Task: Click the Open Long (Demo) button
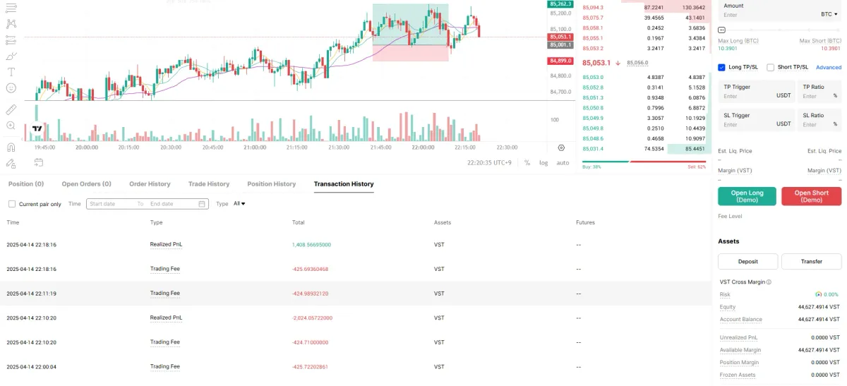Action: [x=747, y=196]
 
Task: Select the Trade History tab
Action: [x=209, y=184]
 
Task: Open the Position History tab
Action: [x=271, y=184]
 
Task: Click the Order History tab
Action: [x=150, y=184]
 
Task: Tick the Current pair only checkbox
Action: [x=12, y=204]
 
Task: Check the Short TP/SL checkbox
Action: [x=771, y=68]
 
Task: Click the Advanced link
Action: [x=829, y=68]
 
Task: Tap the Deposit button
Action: [x=747, y=261]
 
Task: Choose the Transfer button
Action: [x=811, y=261]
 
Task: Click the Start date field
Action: [x=110, y=204]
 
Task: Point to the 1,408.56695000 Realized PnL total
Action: [x=311, y=245]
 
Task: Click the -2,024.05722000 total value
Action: [x=312, y=318]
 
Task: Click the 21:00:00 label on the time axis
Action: [x=254, y=147]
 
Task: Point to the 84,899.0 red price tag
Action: [x=560, y=61]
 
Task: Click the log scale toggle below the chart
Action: [x=543, y=163]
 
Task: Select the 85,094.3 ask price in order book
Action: [x=593, y=8]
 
